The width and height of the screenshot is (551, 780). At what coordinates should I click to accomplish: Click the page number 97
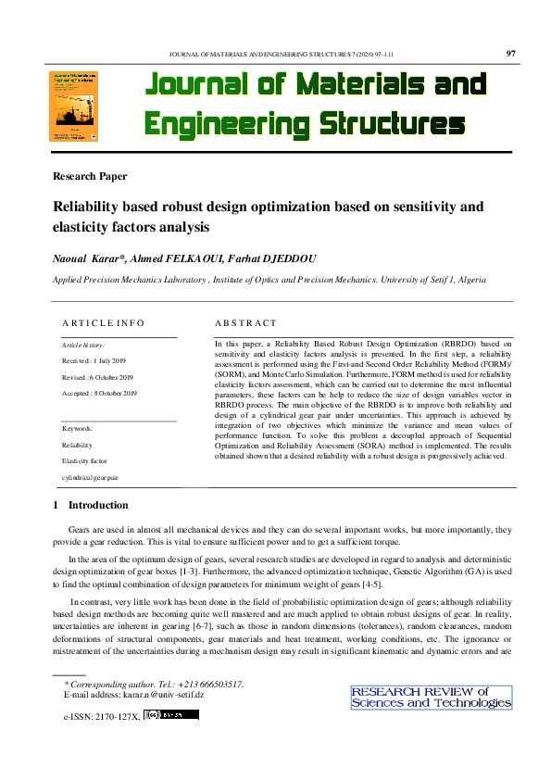[x=511, y=54]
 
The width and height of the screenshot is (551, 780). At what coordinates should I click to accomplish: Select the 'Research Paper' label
[x=90, y=176]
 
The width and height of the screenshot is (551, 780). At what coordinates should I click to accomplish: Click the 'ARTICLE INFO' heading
[x=103, y=322]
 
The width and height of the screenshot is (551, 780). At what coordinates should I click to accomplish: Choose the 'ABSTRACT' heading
[x=245, y=322]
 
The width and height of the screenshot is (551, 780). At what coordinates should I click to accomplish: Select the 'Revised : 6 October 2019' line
[x=98, y=377]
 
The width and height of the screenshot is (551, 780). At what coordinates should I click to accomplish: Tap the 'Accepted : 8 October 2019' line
[x=100, y=394]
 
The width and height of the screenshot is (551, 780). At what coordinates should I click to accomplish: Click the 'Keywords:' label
[x=78, y=428]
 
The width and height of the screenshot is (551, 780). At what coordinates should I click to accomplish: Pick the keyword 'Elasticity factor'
[x=84, y=460]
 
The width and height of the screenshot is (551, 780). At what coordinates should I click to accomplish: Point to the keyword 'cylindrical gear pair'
[x=90, y=477]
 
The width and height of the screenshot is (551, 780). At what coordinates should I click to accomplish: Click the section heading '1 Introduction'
[x=91, y=505]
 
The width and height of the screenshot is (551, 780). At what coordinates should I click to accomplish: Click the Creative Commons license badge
[x=171, y=715]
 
